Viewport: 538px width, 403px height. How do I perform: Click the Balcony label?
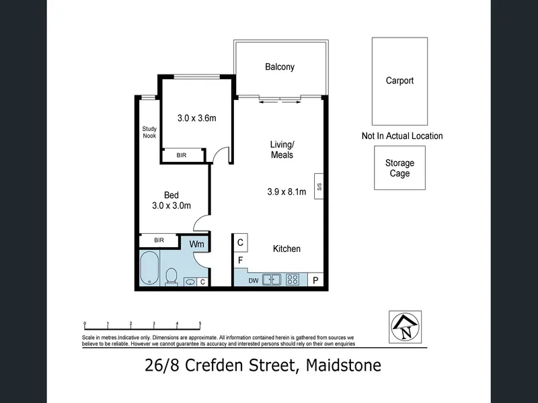coord(280,66)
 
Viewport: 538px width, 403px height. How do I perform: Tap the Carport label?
coord(399,81)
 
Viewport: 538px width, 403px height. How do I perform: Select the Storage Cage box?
coord(399,168)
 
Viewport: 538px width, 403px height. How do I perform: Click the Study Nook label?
coord(149,132)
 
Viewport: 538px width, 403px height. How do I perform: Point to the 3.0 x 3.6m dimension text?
coord(196,118)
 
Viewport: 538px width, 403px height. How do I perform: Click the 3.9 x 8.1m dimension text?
coord(286,192)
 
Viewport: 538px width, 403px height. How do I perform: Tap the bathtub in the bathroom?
coord(149,268)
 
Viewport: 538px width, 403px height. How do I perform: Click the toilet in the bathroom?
coord(171,277)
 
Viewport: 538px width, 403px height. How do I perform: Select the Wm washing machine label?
coord(196,244)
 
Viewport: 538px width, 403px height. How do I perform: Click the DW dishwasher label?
coord(254,281)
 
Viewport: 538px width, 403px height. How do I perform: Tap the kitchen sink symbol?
coord(272,279)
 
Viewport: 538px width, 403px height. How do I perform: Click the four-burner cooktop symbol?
coord(293,279)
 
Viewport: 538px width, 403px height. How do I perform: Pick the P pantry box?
coord(315,279)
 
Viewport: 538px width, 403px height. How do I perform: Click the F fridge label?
coord(241,261)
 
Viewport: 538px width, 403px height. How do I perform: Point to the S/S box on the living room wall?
coord(319,187)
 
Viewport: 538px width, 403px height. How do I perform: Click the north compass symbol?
coord(405,327)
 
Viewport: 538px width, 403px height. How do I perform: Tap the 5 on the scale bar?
coord(200,324)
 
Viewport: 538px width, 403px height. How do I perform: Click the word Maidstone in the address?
coord(344,365)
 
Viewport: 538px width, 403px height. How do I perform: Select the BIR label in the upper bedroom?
coord(182,155)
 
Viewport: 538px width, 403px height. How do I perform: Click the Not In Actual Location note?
coord(402,136)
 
